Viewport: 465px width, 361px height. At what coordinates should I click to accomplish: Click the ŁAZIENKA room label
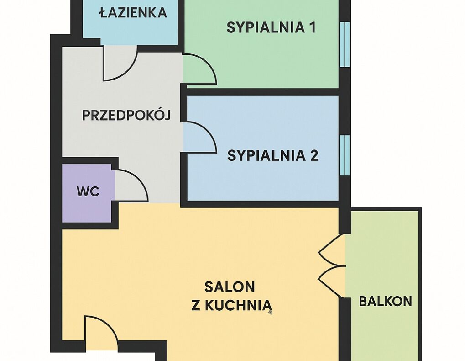tap(133, 12)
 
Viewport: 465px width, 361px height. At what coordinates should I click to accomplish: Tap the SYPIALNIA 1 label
tap(271, 27)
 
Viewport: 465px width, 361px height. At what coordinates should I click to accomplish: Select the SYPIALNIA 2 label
tap(273, 155)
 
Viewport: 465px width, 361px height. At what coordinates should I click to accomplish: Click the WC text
tap(88, 192)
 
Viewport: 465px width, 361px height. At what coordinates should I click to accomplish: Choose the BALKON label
tap(386, 301)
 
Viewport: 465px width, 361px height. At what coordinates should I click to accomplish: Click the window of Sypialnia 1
tap(345, 44)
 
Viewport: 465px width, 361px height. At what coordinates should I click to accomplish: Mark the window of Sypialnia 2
tap(345, 155)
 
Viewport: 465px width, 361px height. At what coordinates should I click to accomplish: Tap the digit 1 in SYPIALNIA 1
tap(312, 27)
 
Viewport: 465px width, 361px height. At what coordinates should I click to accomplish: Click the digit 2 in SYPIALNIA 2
tap(314, 155)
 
